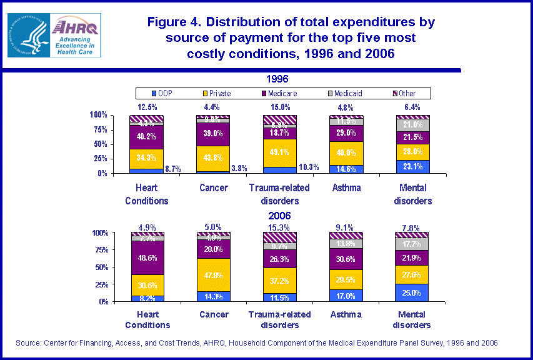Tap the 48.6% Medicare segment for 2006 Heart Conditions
pyautogui.click(x=146, y=257)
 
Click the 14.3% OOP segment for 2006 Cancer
pyautogui.click(x=214, y=296)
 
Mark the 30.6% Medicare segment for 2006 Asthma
pyautogui.click(x=346, y=259)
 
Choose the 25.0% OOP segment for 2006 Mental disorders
pyautogui.click(x=413, y=292)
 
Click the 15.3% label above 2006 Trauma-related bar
pyautogui.click(x=279, y=227)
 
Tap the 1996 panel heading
pyautogui.click(x=276, y=79)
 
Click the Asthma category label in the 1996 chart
pyautogui.click(x=346, y=187)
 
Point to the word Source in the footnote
pyautogui.click(x=29, y=343)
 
